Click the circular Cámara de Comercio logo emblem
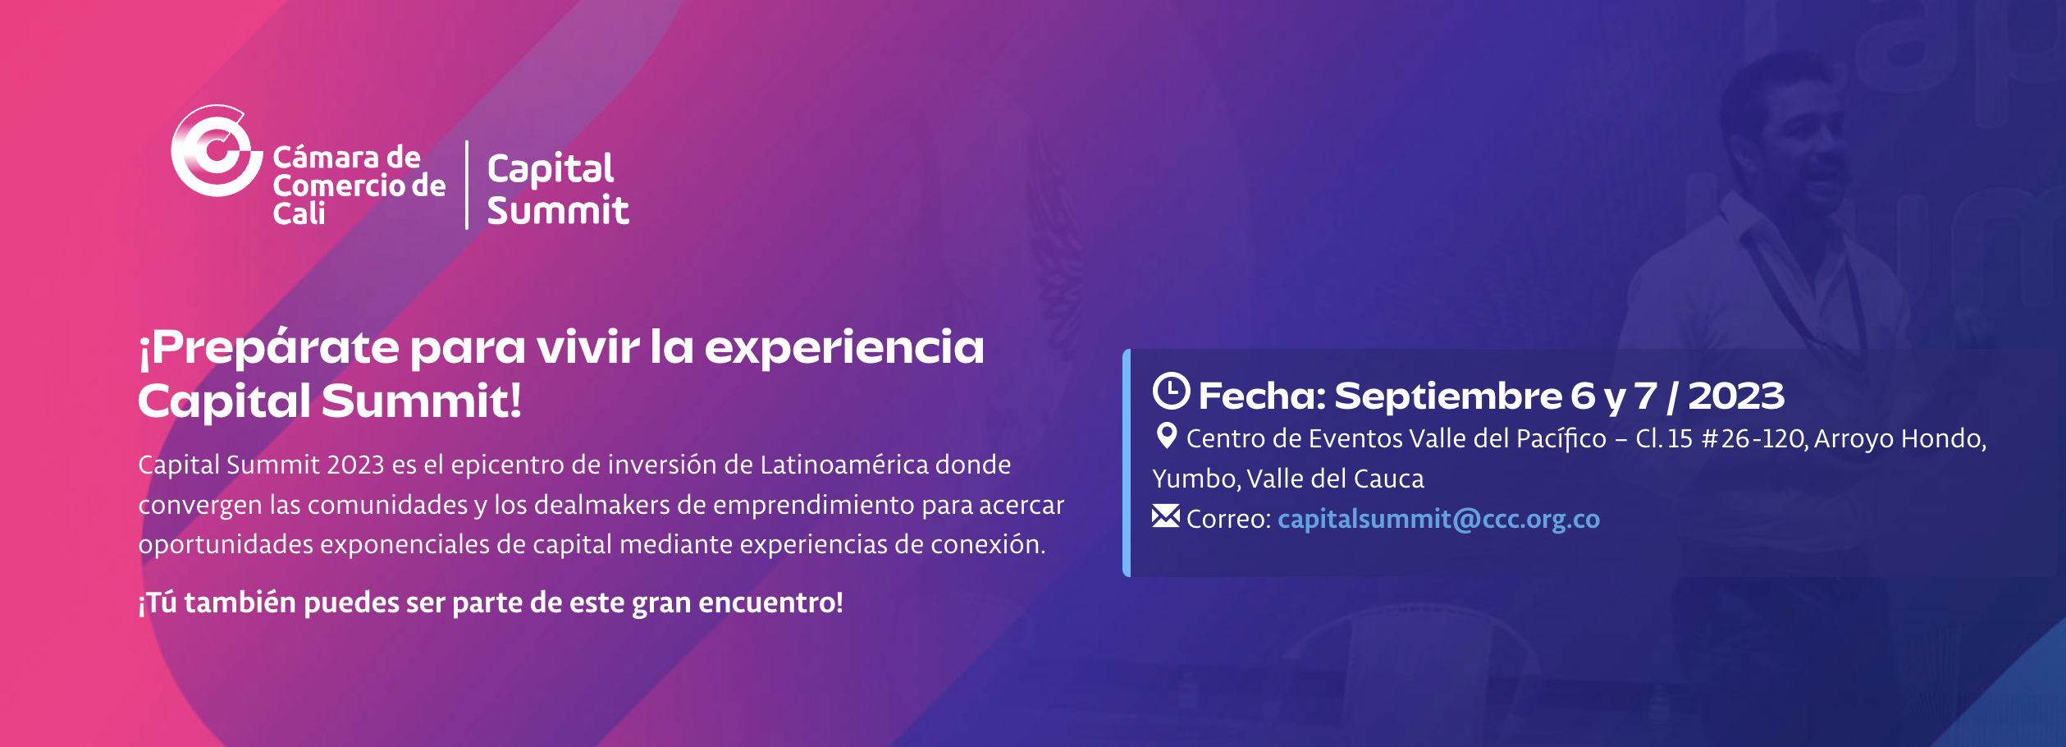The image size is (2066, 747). pos(217,151)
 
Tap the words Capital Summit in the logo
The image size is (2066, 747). pos(558,189)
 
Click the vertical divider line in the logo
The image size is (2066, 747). pos(467,185)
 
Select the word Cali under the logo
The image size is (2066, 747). pos(299,213)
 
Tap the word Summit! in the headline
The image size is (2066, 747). pos(421,401)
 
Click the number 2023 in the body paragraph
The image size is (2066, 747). pos(355,465)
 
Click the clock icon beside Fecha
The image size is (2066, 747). pos(1171,391)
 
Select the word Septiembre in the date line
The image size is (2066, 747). pos(1448,396)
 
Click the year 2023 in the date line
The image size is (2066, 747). pos(1736,396)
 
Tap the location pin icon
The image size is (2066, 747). pos(1166,435)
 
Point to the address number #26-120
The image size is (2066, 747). pos(1753,438)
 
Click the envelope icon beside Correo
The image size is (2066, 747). pos(1166,516)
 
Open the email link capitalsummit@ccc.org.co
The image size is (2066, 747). pos(1438,519)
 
